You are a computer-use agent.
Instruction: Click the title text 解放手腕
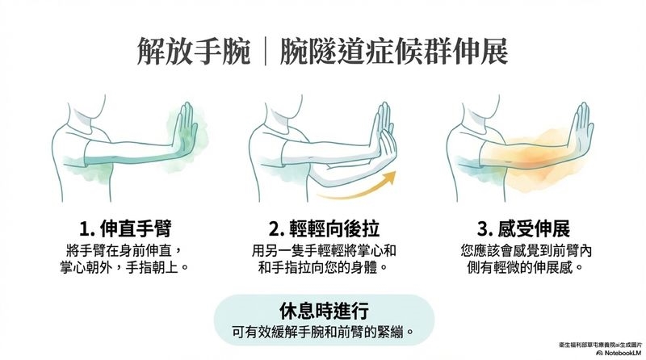[193, 52]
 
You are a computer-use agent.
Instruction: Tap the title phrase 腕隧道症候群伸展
[393, 52]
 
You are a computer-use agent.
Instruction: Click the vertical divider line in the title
[265, 52]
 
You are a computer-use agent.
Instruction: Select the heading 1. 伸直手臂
[125, 229]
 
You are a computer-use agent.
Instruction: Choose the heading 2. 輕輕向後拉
[324, 229]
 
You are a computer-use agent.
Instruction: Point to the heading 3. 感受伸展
[523, 229]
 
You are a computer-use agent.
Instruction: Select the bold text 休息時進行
[324, 311]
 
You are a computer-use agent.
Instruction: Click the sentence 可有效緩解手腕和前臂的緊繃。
[324, 332]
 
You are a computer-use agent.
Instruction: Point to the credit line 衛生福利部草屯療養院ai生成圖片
[601, 345]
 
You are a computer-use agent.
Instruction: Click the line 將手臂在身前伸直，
[124, 250]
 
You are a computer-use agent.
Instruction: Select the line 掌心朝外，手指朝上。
[124, 268]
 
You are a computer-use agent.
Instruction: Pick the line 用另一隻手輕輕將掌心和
[324, 250]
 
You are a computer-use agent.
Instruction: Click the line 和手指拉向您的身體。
[324, 268]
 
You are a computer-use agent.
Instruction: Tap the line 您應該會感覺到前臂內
[526, 250]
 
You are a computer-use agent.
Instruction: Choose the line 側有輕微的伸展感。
[526, 268]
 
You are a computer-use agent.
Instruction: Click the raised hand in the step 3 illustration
[581, 128]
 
